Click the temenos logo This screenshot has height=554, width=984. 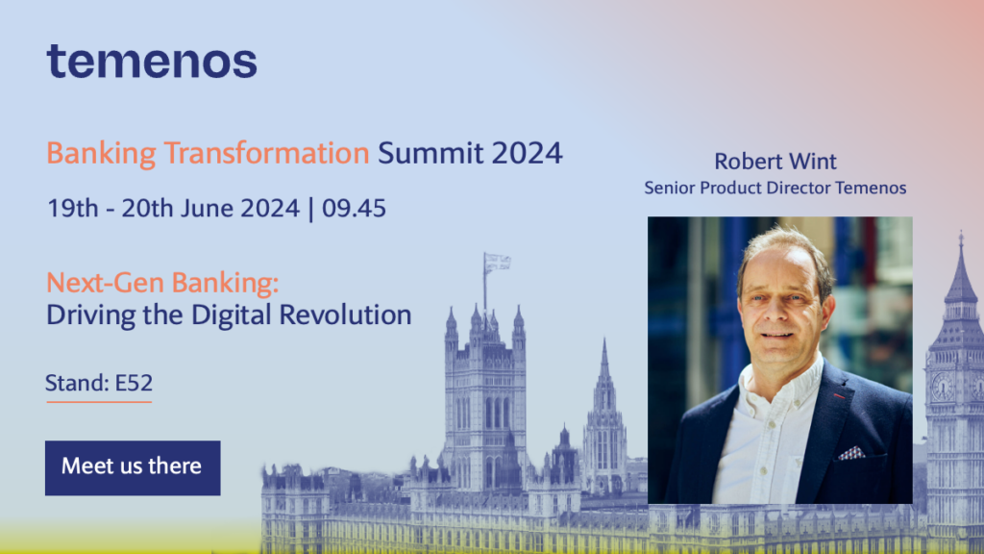coord(152,61)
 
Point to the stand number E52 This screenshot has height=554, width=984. coord(134,383)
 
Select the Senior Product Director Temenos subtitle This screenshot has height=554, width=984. coord(775,188)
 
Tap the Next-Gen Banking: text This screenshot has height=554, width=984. coord(162,283)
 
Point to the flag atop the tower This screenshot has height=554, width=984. coord(497,262)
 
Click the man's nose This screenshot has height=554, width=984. coord(775,313)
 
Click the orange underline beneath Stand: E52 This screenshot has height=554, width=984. coord(98,401)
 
